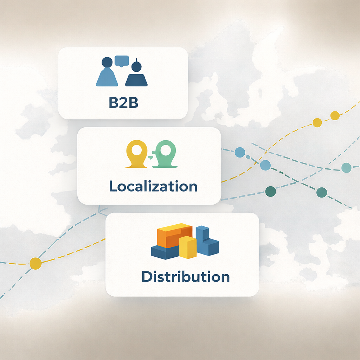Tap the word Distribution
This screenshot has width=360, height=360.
click(185, 276)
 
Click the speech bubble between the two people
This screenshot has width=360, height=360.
click(122, 61)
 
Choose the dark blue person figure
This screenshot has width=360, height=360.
click(136, 75)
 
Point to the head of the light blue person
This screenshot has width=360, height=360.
click(107, 63)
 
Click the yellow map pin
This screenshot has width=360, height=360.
click(136, 154)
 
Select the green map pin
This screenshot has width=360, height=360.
click(165, 153)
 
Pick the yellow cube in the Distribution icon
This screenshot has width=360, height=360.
click(188, 247)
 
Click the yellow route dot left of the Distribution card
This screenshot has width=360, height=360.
click(35, 263)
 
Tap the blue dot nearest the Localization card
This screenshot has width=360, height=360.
click(240, 152)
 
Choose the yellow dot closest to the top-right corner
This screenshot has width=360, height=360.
click(335, 115)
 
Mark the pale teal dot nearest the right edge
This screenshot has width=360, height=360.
click(346, 168)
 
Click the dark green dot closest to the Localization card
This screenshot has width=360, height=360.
click(270, 192)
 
